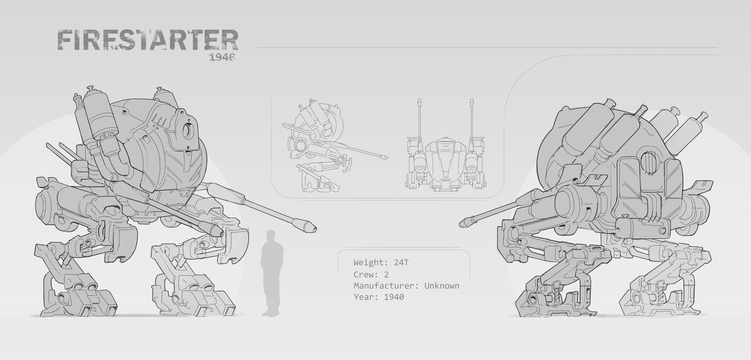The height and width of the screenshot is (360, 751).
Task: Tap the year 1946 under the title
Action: pos(222,57)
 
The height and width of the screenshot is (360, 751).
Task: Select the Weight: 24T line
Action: pos(381,263)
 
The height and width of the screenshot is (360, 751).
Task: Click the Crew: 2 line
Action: pos(371,274)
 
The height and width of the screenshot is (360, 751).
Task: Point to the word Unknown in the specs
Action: pos(442,286)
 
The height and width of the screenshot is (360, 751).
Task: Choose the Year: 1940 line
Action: pos(379,297)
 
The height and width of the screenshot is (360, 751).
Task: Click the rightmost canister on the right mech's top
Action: pos(690,129)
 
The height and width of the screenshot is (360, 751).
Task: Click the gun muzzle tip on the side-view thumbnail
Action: pos(385,158)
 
